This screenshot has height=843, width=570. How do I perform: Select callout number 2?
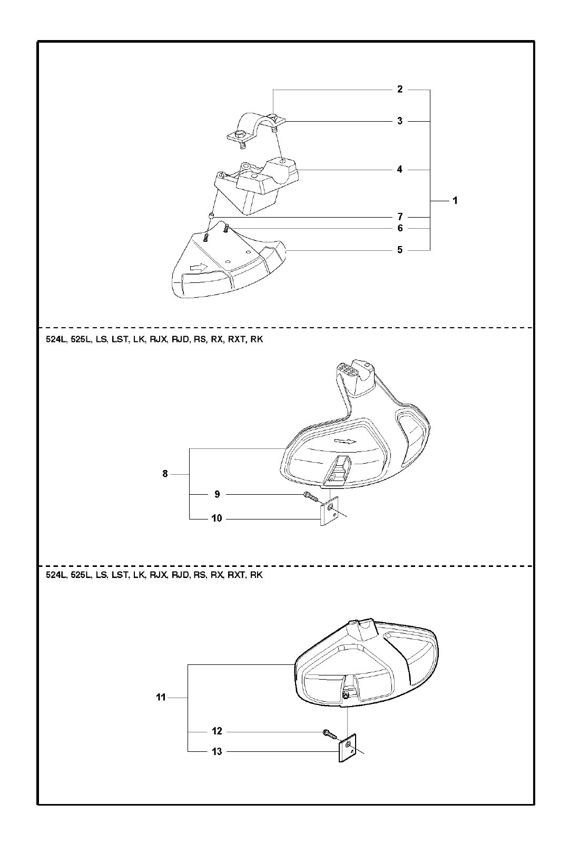coord(400,90)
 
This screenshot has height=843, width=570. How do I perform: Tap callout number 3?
coord(400,121)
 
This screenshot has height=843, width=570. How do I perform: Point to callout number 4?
coord(400,170)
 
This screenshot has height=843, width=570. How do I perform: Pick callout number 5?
coord(400,250)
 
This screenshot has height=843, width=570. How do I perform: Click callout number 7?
coord(400,217)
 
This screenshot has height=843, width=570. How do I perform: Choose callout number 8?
coord(165,474)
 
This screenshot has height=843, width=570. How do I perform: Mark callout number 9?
coord(217,494)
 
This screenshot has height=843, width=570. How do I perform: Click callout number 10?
coord(217,518)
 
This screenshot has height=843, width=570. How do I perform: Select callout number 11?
coord(161,698)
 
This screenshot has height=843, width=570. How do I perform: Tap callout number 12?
coord(217,731)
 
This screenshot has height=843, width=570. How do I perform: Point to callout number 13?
coord(217,752)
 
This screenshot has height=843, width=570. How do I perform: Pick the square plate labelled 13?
coord(347,748)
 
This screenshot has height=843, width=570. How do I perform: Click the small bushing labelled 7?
coord(210,216)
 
